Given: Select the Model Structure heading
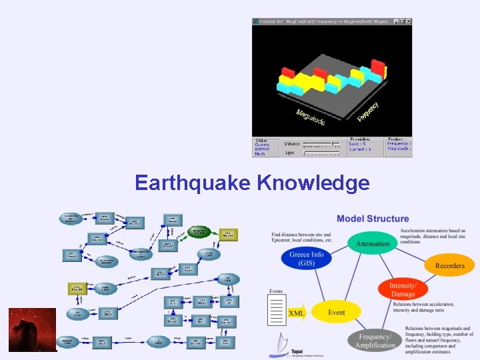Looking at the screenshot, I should pyautogui.click(x=373, y=219).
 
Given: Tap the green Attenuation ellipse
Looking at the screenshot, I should pyautogui.click(x=372, y=243).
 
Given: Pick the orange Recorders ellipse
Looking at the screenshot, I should pyautogui.click(x=449, y=265).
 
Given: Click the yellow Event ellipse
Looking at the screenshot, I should pyautogui.click(x=336, y=312).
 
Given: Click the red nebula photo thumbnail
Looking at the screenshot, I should pyautogui.click(x=32, y=329).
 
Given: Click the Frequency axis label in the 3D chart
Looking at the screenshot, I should pyautogui.click(x=367, y=111).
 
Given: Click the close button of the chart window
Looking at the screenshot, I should pyautogui.click(x=408, y=22).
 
